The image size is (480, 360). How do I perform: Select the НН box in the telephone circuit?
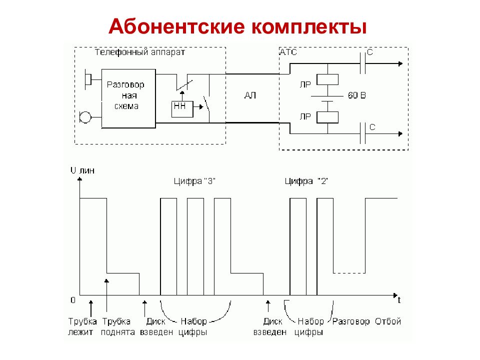[x=182, y=109]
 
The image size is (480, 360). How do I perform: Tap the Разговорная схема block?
[x=128, y=98]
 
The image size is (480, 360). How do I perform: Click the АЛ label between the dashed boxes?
[x=250, y=95]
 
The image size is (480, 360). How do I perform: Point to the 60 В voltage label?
[x=356, y=95]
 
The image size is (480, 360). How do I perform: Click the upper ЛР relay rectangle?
[x=327, y=79]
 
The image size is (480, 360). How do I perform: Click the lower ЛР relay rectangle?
[x=327, y=117]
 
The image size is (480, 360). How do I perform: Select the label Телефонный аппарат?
[x=139, y=52]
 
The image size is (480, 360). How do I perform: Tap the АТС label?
[x=288, y=52]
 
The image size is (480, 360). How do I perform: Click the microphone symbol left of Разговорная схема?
[x=85, y=117]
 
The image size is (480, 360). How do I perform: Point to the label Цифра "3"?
[x=194, y=181]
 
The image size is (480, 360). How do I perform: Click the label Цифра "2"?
[x=306, y=181]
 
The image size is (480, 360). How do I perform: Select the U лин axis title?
[x=82, y=170]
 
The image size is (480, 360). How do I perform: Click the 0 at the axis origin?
[x=73, y=300]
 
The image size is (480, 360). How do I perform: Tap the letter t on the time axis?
[x=399, y=300]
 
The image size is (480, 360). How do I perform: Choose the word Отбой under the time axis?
[x=388, y=321]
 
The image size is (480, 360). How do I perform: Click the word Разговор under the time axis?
[x=351, y=321]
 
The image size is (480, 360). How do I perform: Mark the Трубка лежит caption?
[x=82, y=326]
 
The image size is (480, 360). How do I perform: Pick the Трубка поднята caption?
[x=118, y=326]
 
